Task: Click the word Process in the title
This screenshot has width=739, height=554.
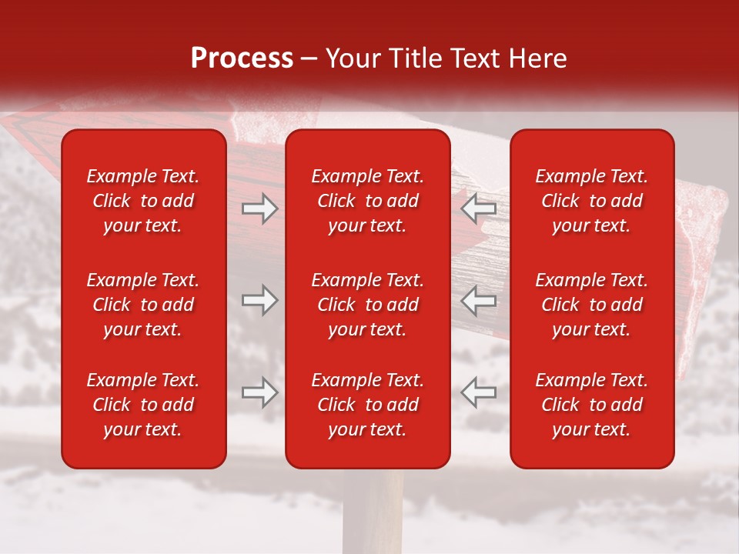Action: click(x=242, y=58)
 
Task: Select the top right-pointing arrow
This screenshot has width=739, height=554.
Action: click(x=259, y=209)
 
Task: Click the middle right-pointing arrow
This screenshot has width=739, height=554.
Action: click(x=259, y=300)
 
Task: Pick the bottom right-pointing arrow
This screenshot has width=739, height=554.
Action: click(x=259, y=392)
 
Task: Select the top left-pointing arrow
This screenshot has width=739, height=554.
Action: click(x=478, y=209)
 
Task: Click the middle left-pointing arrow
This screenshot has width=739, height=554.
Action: click(x=478, y=300)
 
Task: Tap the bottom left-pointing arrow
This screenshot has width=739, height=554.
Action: click(x=478, y=392)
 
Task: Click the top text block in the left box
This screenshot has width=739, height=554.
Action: click(x=143, y=201)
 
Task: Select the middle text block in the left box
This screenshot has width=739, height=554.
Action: click(x=143, y=305)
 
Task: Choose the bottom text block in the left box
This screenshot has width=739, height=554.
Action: click(x=143, y=405)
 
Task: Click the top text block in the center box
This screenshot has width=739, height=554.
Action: click(x=367, y=201)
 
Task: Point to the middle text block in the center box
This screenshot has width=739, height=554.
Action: click(x=367, y=305)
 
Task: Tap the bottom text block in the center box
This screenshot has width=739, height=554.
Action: click(x=367, y=405)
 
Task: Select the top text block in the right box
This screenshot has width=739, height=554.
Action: click(x=591, y=201)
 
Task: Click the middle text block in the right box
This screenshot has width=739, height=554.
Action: click(x=591, y=305)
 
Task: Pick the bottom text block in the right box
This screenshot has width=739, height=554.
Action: click(x=591, y=405)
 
